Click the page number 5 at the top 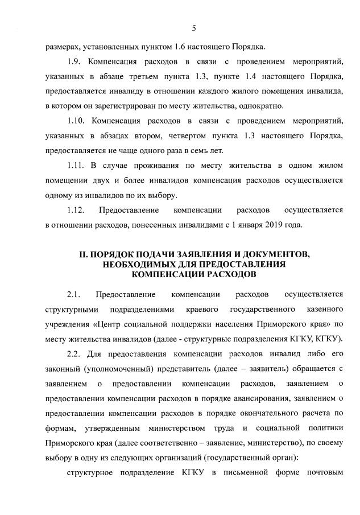194,28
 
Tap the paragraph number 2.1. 75,295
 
